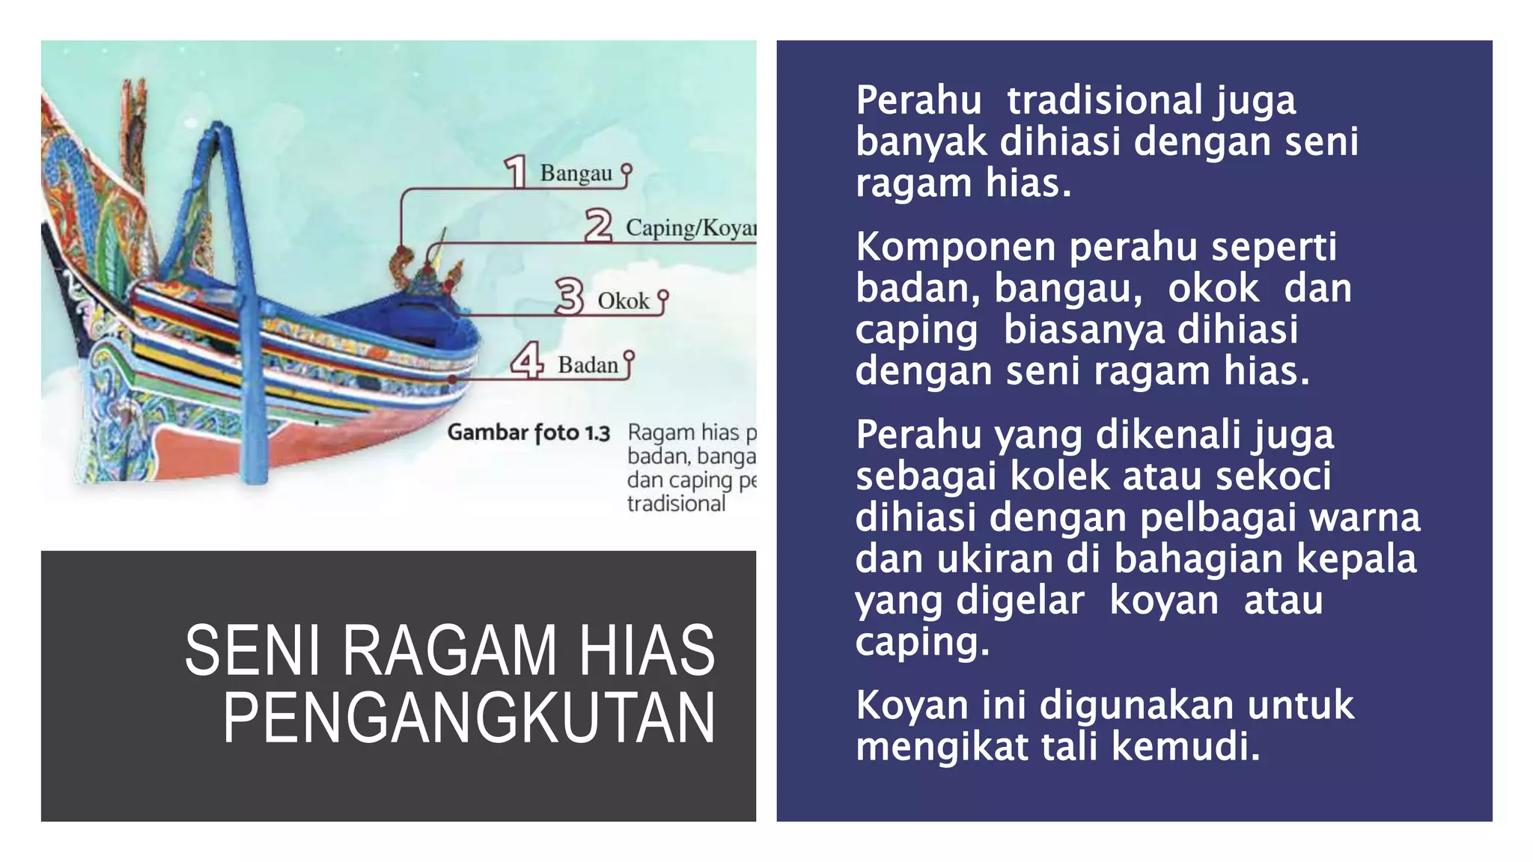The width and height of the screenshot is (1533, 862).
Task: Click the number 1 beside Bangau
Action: (516, 171)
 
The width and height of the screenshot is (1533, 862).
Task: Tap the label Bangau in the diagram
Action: (576, 174)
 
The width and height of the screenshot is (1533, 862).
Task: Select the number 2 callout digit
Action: (598, 225)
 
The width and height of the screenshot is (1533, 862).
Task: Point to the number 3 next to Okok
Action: (570, 296)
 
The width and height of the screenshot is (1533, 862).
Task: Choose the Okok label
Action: (623, 301)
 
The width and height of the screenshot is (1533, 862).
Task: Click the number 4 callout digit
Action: (527, 361)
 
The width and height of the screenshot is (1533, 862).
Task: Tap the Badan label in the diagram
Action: (588, 365)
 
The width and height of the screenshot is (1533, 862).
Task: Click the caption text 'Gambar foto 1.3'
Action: (528, 432)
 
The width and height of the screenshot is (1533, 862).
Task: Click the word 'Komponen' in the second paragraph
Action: (955, 246)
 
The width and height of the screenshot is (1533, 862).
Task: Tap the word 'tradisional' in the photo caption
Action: (676, 504)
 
